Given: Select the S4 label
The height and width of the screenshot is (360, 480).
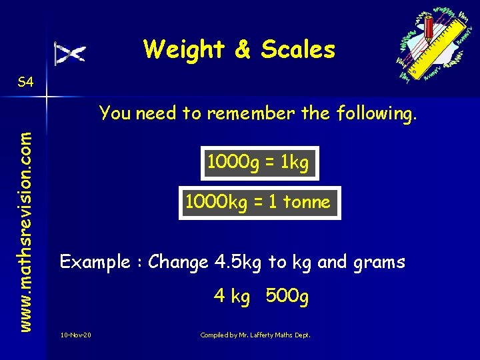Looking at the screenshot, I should pyautogui.click(x=25, y=82).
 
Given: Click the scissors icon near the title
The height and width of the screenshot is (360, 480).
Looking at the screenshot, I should pyautogui.click(x=70, y=53).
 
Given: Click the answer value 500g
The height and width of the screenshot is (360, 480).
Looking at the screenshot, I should pyautogui.click(x=287, y=296).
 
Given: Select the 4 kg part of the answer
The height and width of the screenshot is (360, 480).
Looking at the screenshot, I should pyautogui.click(x=231, y=296).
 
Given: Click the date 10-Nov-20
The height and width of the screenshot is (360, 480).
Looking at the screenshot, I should pyautogui.click(x=75, y=334).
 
